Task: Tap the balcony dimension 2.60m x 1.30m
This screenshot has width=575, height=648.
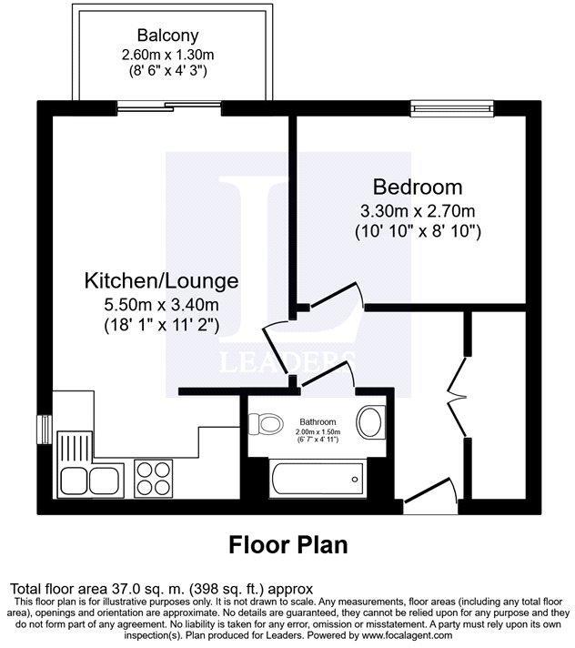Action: [174, 55]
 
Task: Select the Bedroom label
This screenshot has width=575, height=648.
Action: [418, 187]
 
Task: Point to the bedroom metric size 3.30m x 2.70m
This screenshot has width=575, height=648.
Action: [418, 211]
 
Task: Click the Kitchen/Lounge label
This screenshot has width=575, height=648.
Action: [161, 280]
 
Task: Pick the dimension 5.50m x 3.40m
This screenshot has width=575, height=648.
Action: [161, 304]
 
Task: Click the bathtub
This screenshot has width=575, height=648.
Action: [317, 476]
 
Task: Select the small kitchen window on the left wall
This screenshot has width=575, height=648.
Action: [43, 427]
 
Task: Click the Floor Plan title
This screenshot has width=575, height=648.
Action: [287, 544]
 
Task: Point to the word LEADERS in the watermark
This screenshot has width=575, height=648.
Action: [287, 361]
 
